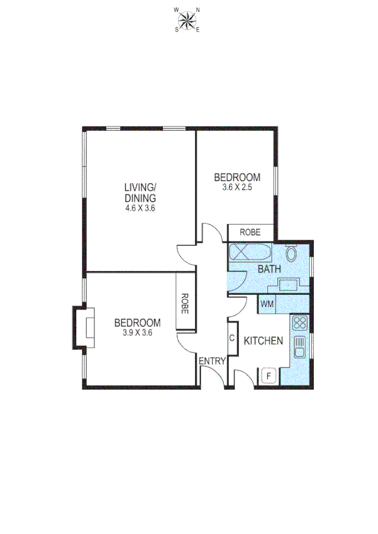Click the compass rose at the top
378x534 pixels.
tap(186, 20)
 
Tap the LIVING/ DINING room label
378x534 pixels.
tap(140, 192)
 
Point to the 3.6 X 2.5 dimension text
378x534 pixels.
tap(237, 187)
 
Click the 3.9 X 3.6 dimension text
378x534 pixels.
tap(137, 333)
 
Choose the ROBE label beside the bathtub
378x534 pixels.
tap(250, 233)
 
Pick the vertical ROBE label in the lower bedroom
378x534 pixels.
tap(186, 304)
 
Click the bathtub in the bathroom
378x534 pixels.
tap(249, 254)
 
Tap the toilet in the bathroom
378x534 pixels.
tap(292, 254)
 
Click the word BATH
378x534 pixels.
tap(269, 269)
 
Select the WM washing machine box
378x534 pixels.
tap(267, 304)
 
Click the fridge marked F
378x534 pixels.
tap(269, 376)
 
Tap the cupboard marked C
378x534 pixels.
tap(231, 338)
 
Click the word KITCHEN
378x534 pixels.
tap(263, 341)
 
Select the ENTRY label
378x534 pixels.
tap(212, 361)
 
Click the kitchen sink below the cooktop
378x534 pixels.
tap(299, 347)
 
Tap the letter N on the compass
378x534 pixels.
tap(197, 10)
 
